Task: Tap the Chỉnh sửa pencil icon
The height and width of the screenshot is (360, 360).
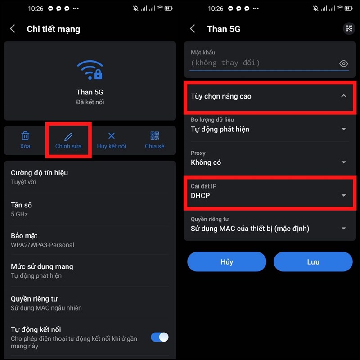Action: pos(68,136)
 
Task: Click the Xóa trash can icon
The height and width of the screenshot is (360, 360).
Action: pos(26,136)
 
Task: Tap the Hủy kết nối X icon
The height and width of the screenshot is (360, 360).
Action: pos(112,136)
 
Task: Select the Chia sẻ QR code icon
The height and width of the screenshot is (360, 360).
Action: pos(155,136)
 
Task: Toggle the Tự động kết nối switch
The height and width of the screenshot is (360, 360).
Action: pos(159,337)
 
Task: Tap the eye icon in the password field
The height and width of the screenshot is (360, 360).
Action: pos(344,63)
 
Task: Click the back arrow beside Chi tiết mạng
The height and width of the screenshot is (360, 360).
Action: pos(13,29)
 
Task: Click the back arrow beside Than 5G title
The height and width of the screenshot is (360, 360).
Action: pos(193,29)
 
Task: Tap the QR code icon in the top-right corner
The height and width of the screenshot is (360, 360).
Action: pos(349,29)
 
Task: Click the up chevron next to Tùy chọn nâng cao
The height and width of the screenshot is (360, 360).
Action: pos(344,96)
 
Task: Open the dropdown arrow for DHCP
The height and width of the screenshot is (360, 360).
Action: pos(344,196)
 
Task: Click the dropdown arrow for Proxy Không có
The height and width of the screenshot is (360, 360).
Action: pos(344,162)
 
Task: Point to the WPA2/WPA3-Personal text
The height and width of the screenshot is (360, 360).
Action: pos(42,245)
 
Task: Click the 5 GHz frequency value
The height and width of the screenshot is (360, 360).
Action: pos(19,214)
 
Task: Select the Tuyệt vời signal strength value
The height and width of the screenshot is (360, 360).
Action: pos(23,182)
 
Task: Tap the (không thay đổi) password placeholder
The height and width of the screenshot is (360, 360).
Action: pos(225,63)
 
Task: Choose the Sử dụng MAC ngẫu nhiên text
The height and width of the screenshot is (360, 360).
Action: pos(46,308)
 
